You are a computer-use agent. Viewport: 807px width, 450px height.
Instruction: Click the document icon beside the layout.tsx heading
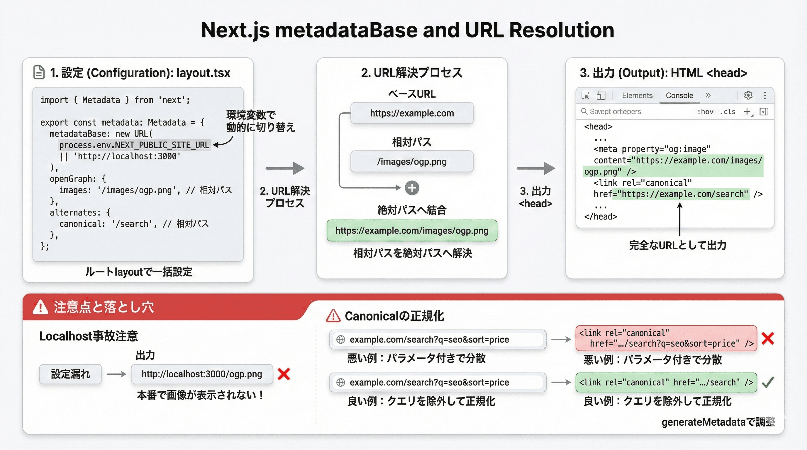click(39, 72)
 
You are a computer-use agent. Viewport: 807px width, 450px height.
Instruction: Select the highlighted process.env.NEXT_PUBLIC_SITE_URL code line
click(134, 145)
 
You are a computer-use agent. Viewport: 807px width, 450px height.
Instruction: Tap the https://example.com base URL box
click(412, 113)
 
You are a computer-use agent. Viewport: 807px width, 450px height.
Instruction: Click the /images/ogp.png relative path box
click(412, 161)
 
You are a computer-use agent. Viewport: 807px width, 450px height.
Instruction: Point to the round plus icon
click(412, 188)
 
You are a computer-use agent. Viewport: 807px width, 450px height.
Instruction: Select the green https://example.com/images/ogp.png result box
click(412, 231)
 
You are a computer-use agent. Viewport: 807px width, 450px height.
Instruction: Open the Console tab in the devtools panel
click(679, 96)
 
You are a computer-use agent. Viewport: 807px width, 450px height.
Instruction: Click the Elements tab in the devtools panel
click(637, 96)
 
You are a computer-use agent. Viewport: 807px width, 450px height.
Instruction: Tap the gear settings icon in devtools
click(748, 95)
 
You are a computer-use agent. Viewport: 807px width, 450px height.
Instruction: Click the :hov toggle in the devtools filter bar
click(705, 112)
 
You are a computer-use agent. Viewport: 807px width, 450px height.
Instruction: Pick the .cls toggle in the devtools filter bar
click(728, 112)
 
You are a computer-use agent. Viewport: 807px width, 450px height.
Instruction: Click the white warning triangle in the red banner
click(40, 307)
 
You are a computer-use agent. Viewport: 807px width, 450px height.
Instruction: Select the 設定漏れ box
click(70, 374)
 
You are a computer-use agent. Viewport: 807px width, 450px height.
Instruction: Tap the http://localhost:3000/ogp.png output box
click(202, 374)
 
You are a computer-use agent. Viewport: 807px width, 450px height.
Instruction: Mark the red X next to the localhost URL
click(284, 374)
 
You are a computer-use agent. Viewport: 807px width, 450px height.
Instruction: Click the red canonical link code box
click(666, 338)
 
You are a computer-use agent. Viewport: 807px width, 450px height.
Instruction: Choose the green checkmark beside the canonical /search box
click(767, 382)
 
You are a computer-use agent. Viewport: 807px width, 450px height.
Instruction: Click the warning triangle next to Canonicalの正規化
click(333, 316)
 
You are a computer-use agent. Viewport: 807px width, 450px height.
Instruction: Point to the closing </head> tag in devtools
click(600, 217)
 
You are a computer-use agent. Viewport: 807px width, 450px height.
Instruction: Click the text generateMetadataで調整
click(718, 422)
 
